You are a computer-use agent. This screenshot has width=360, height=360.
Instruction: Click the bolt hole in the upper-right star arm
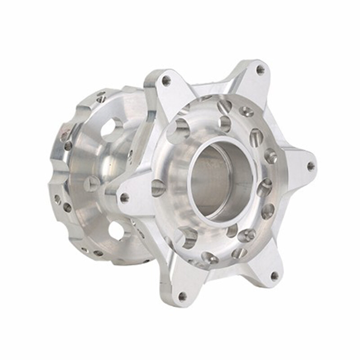[x=260, y=70]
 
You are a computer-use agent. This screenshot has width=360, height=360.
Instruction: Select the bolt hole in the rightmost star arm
[x=310, y=166]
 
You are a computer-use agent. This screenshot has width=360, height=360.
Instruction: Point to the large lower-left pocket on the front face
[x=188, y=236]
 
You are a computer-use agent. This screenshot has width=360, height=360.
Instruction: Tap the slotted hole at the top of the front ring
[x=224, y=107]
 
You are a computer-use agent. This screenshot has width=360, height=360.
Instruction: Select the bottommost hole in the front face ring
[x=210, y=258]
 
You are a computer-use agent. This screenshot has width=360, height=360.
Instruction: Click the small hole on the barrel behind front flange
[x=130, y=155]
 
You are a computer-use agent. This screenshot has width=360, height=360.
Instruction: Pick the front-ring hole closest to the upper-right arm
[x=246, y=111]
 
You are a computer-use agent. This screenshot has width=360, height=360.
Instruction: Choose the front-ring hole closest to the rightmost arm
[x=270, y=156]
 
